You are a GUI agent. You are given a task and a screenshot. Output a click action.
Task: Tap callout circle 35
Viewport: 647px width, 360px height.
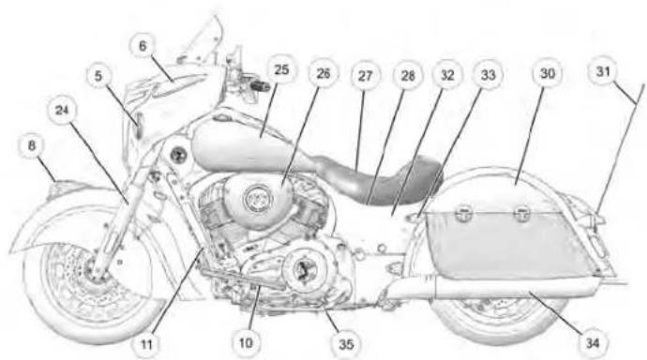[x=346, y=344]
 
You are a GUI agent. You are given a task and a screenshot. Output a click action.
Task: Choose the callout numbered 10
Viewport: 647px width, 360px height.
[x=246, y=343]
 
